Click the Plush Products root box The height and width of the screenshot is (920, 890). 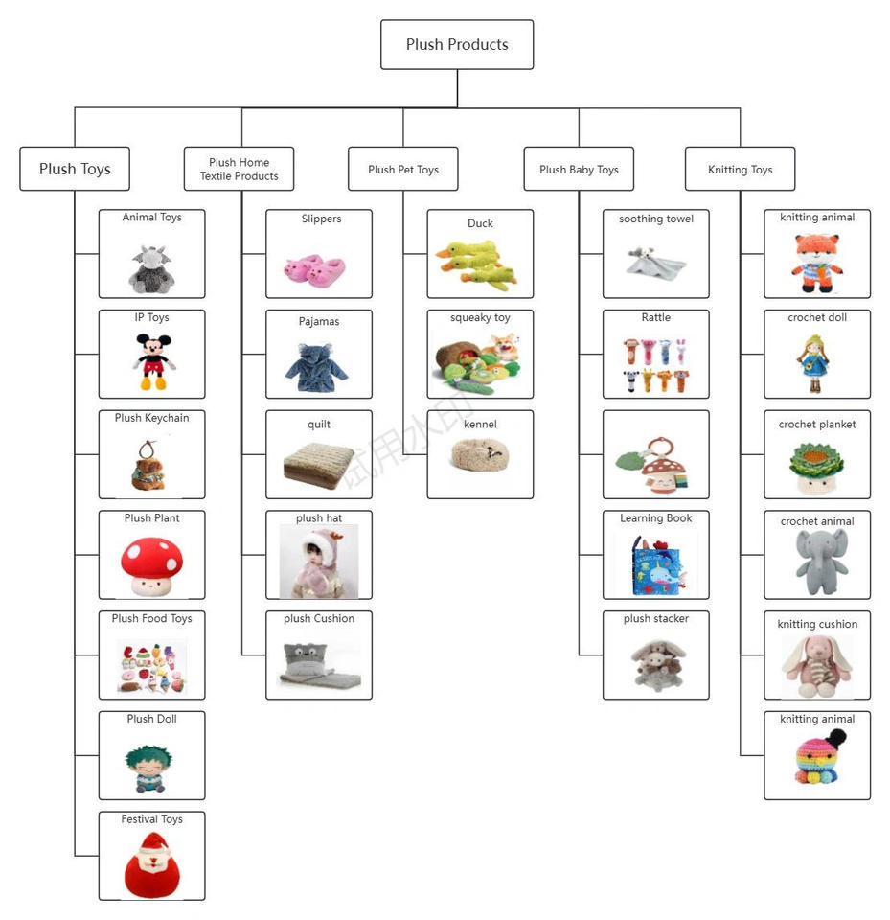point(457,44)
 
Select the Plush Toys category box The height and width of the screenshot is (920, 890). point(75,169)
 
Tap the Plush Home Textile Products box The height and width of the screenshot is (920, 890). point(239,169)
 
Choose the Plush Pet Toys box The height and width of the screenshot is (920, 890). point(402,170)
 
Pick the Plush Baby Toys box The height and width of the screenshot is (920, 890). point(579,170)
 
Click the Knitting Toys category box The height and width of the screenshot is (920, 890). point(740,170)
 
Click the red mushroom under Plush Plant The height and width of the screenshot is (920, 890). point(151,564)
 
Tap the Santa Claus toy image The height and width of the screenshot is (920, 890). point(151,864)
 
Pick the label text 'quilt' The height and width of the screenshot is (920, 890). point(319,424)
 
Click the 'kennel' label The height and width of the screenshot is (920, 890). point(480,424)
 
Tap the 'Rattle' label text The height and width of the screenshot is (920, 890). point(656,317)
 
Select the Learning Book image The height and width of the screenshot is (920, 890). point(655,564)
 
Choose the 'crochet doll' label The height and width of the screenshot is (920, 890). point(817,317)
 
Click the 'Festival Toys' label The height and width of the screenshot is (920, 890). point(151,819)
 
